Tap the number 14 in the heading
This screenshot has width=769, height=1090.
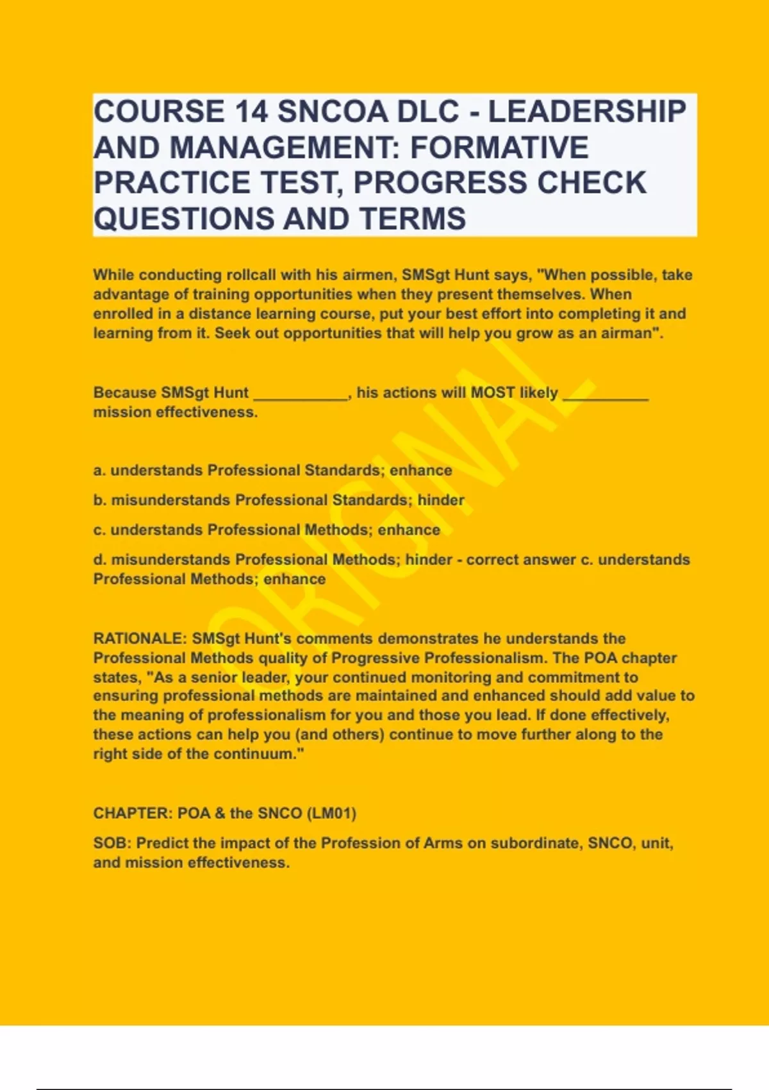(x=251, y=112)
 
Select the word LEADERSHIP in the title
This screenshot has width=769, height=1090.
(x=587, y=112)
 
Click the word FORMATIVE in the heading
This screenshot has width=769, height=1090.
(x=499, y=147)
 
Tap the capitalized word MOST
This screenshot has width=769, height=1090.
(x=493, y=392)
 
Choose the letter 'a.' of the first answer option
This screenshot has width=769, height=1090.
(x=99, y=471)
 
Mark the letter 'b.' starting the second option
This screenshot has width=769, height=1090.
(x=100, y=500)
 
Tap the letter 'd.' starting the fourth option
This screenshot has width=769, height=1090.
(x=100, y=560)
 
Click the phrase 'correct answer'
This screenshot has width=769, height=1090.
(x=520, y=560)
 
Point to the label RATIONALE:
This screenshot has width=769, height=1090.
(x=140, y=639)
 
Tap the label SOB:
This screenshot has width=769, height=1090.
(x=112, y=843)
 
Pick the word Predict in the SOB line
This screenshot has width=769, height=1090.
(x=162, y=843)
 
